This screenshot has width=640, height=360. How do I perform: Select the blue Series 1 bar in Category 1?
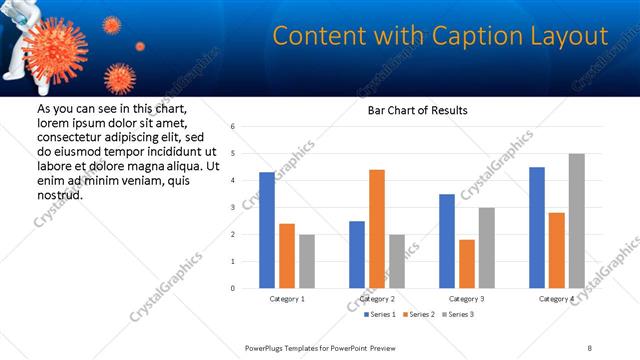tap(266, 230)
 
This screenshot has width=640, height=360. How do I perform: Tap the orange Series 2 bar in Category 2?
tap(376, 229)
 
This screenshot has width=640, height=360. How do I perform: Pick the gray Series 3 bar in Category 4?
tap(576, 221)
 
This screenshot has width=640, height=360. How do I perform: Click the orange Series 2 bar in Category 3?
tap(466, 264)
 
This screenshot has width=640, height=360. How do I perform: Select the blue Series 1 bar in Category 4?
tap(537, 228)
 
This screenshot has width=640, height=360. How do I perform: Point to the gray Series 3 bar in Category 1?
tap(306, 261)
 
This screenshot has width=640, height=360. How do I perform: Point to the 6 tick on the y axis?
tap(232, 127)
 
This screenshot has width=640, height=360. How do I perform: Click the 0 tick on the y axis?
tap(232, 288)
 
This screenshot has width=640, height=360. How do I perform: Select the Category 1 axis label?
tap(287, 299)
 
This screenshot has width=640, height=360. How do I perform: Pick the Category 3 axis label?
tap(466, 299)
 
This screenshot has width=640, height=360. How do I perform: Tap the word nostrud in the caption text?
tap(59, 195)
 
